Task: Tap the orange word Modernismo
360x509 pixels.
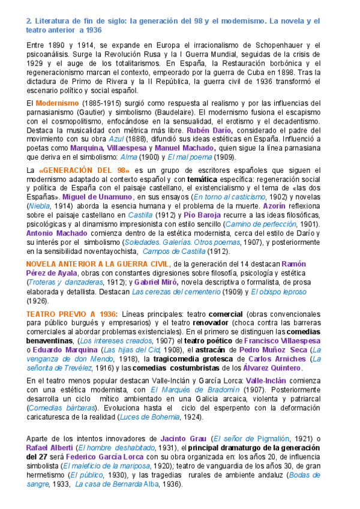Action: pos(58,103)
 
